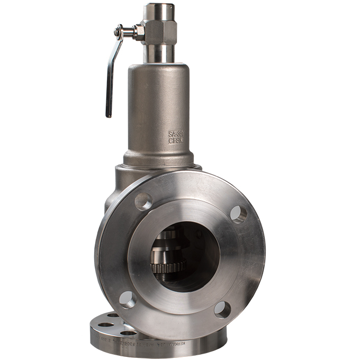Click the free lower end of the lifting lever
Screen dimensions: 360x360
click(x=109, y=112)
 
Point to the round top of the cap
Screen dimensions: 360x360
click(x=160, y=9)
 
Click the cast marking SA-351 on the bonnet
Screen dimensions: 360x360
click(x=176, y=134)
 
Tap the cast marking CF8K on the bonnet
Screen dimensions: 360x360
click(x=175, y=141)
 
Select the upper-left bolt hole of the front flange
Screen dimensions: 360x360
click(x=143, y=201)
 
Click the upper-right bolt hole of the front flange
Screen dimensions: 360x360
click(x=238, y=213)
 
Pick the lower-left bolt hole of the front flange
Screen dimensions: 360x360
click(x=127, y=299)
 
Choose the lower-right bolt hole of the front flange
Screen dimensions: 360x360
click(x=222, y=309)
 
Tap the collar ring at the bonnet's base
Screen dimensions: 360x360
click(x=158, y=159)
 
